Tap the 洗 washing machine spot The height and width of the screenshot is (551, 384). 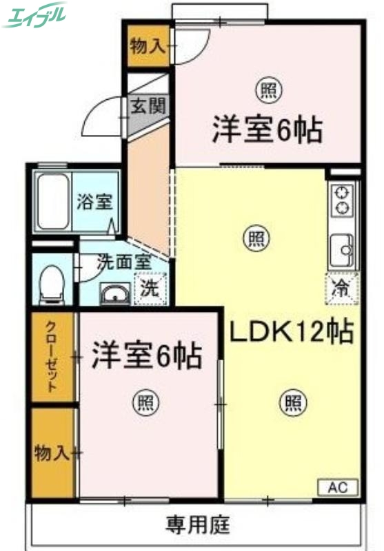pos(150,289)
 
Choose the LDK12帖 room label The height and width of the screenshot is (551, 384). pos(292,332)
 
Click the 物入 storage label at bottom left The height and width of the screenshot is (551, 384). pos(52,453)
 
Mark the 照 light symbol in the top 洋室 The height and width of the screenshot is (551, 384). pos(266,90)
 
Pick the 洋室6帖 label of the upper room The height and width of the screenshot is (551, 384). pos(267,129)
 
